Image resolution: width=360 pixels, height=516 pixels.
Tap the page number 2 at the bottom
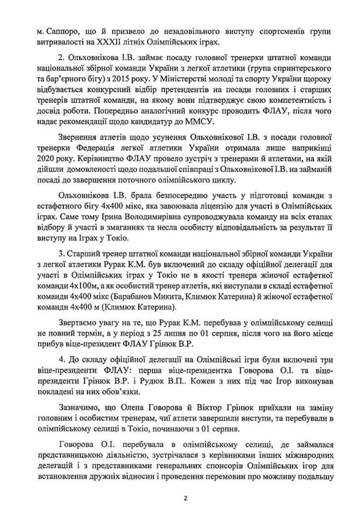pos(184,498)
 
